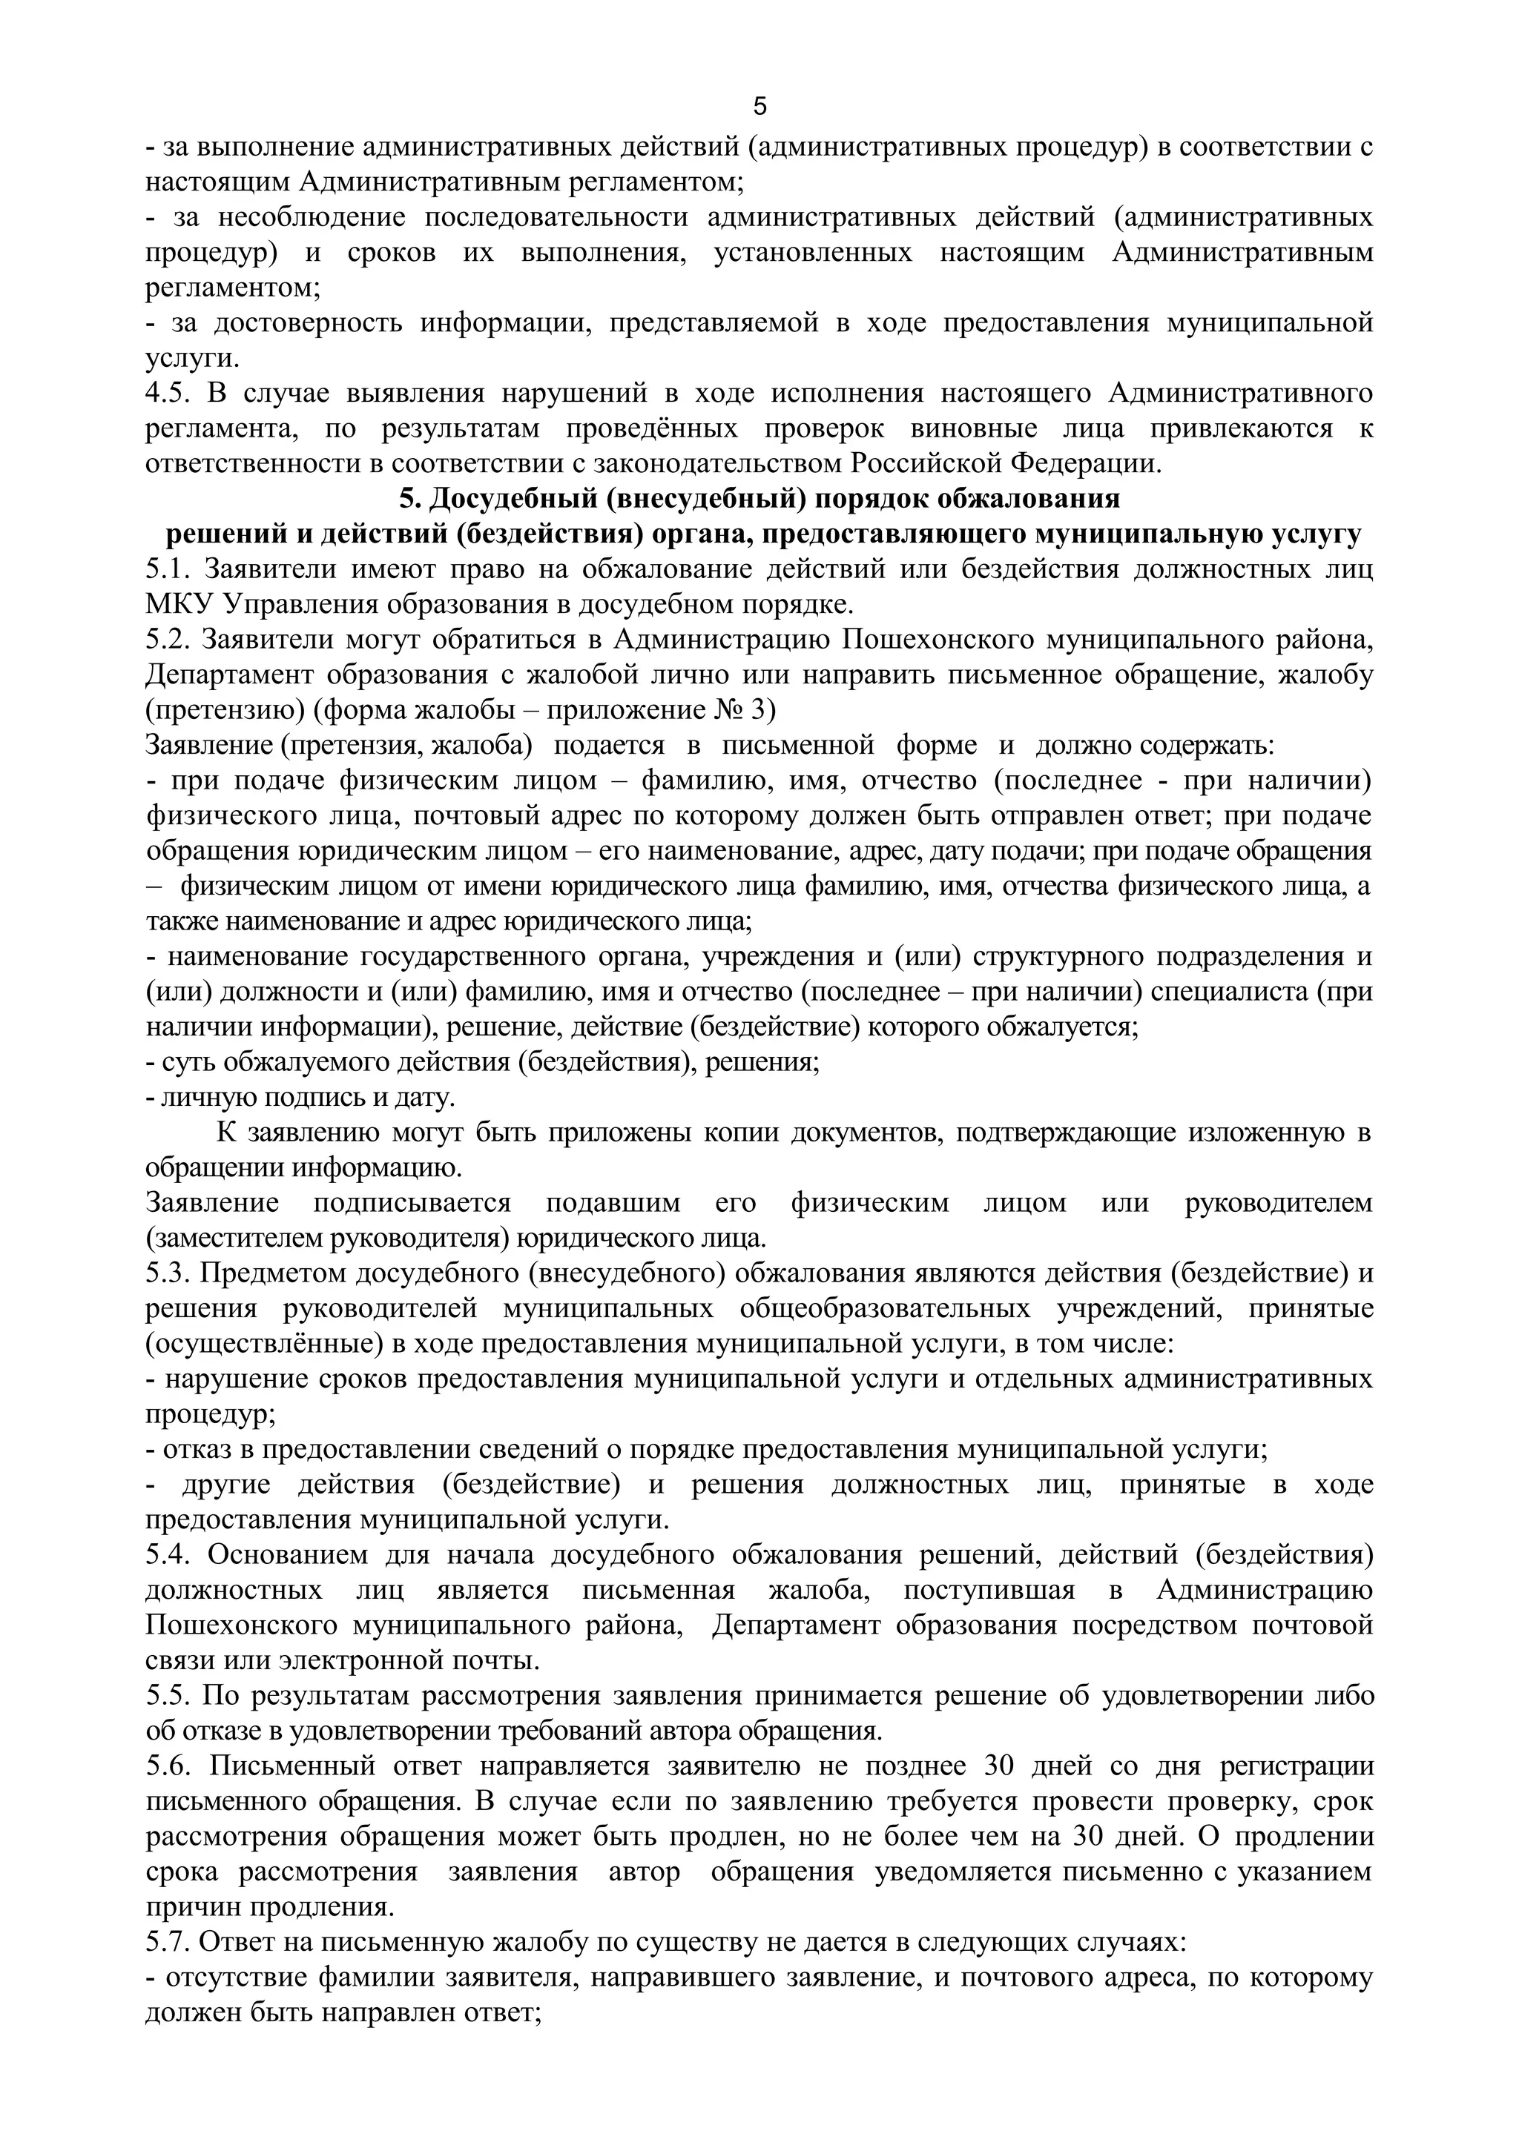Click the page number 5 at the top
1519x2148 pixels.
759,107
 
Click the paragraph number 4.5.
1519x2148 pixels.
168,393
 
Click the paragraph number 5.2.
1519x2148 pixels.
168,640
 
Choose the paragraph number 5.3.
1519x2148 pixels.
168,1273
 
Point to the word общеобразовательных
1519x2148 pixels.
886,1309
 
